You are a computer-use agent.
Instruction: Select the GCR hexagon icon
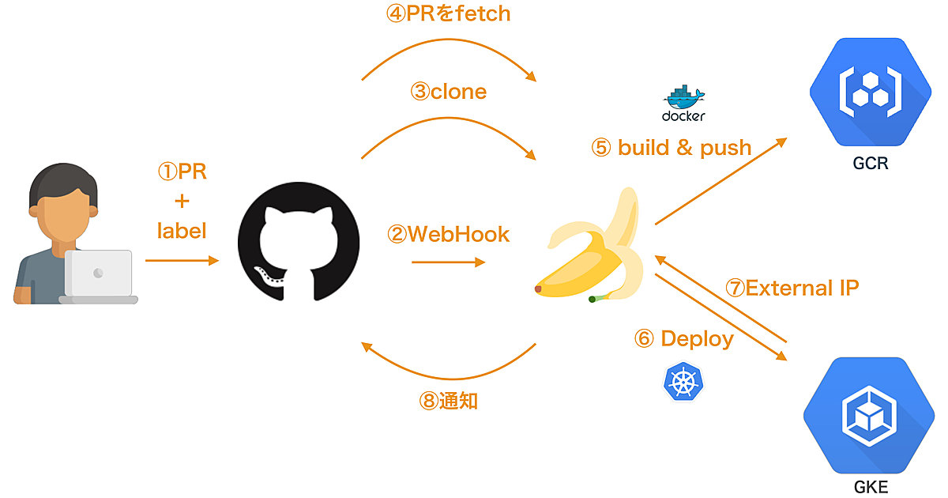(866, 87)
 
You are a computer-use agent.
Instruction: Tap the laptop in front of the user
(99, 277)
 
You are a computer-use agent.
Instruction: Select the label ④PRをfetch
(448, 14)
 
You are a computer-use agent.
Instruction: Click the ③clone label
(448, 92)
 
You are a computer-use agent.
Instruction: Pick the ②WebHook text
(448, 234)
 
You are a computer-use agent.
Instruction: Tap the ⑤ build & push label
(671, 147)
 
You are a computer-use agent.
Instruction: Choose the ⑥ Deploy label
(684, 339)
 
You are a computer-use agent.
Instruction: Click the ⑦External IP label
(792, 288)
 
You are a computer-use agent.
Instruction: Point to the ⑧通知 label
(448, 401)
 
